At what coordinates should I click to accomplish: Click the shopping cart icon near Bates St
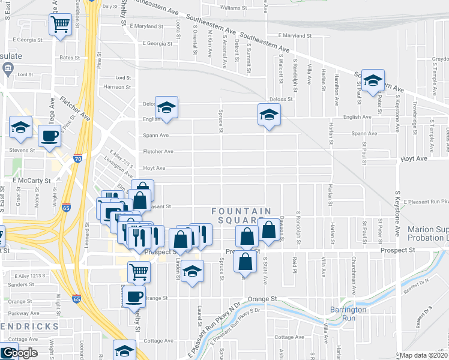60,25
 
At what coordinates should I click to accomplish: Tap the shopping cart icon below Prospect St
139,272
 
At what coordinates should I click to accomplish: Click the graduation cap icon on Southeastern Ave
373,81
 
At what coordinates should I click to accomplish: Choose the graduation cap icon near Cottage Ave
124,350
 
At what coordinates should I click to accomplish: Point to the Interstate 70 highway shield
77,158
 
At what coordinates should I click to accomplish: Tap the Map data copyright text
424,355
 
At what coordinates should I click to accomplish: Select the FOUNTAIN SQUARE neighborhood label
242,215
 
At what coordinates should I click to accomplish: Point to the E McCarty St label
31,179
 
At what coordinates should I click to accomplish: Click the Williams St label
234,8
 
